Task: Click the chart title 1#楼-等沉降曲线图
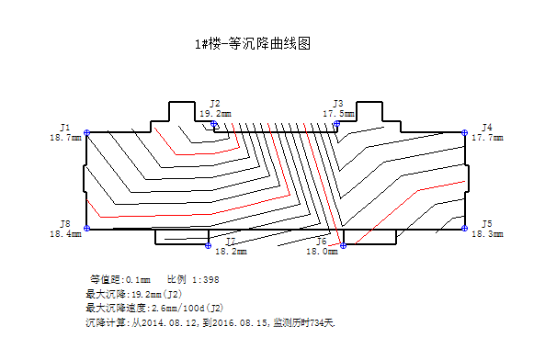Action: [247, 43]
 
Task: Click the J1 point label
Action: [65, 127]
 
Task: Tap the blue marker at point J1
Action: [87, 133]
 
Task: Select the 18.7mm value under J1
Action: [65, 137]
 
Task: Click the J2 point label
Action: [215, 104]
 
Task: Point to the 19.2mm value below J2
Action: [215, 114]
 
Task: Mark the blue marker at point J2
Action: [214, 123]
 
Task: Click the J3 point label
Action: [338, 104]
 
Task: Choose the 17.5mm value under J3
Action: [338, 114]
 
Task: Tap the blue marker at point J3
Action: [336, 123]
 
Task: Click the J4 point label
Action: [487, 127]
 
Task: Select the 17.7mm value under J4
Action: [487, 138]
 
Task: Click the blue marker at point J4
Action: [465, 133]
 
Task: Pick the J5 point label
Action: [487, 224]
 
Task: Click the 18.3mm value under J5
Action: [487, 234]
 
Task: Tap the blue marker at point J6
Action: [343, 245]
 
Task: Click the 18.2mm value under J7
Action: [231, 251]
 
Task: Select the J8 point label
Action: [65, 224]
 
